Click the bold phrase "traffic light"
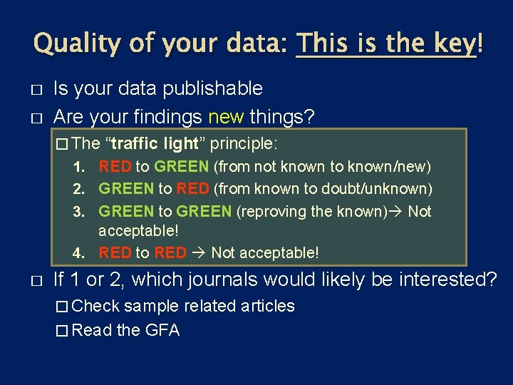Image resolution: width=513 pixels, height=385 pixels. [155, 143]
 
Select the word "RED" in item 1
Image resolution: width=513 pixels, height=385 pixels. [115, 167]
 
